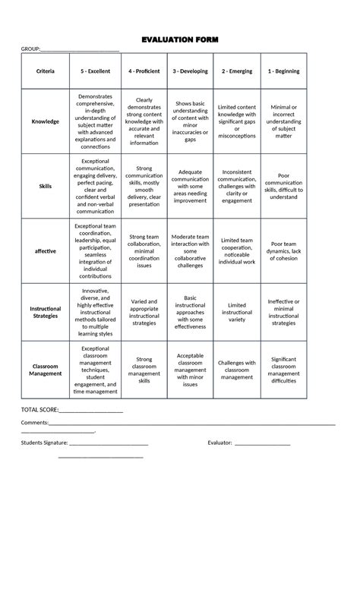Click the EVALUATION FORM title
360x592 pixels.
(x=179, y=39)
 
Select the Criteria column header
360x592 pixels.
(x=45, y=71)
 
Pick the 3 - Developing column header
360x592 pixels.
(x=190, y=71)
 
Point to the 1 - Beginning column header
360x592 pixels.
(x=283, y=71)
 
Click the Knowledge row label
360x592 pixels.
(x=45, y=121)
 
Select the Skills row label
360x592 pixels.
(x=45, y=186)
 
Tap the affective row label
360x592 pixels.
(x=45, y=250)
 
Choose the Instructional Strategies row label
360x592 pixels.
(x=45, y=312)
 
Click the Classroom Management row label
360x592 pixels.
(x=45, y=370)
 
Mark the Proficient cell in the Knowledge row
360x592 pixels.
(x=144, y=121)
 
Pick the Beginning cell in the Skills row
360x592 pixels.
(x=283, y=186)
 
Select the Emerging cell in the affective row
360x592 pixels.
(x=237, y=250)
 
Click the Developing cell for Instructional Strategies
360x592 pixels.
(x=190, y=312)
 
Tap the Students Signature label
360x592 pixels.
(x=44, y=442)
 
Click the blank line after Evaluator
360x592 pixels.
(x=263, y=443)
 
